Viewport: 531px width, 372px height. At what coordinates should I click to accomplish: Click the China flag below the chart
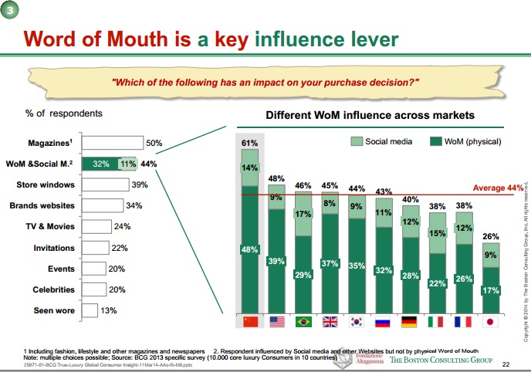click(x=249, y=321)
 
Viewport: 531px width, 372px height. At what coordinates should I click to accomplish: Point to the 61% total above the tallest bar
click(x=249, y=144)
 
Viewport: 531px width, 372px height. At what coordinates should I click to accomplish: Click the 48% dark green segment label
click(x=249, y=250)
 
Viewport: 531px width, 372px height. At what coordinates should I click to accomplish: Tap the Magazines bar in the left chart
click(x=113, y=143)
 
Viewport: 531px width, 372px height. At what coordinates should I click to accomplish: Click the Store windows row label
click(x=46, y=184)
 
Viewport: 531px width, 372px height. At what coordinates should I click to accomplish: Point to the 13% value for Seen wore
click(x=109, y=310)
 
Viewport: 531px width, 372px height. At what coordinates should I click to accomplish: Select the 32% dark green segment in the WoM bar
click(x=100, y=164)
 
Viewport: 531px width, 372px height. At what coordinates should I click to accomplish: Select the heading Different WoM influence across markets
click(x=370, y=115)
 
